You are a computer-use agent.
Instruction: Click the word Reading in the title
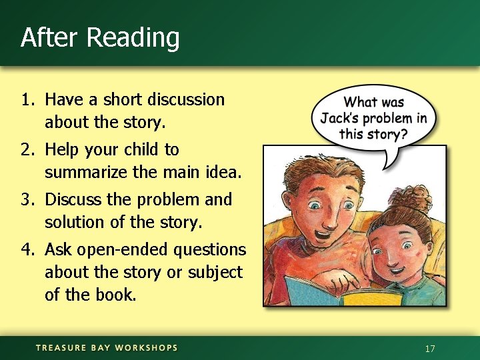pyautogui.click(x=133, y=38)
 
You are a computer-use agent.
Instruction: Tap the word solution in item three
pyautogui.click(x=71, y=222)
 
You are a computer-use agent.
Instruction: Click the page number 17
pyautogui.click(x=430, y=349)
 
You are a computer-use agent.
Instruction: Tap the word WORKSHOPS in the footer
pyautogui.click(x=147, y=348)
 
